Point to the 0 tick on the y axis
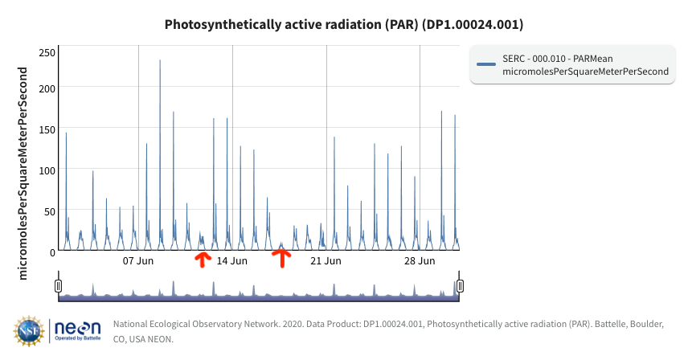pos(51,252)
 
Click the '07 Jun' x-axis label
pos(138,261)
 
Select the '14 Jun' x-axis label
pos(232,261)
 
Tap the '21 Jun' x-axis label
pos(326,261)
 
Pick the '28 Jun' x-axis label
pos(420,261)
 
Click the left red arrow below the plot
pos(202,259)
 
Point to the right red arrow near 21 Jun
pos(281,257)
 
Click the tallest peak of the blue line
pos(160,60)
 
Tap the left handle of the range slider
pos(59,285)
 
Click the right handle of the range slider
pos(460,285)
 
